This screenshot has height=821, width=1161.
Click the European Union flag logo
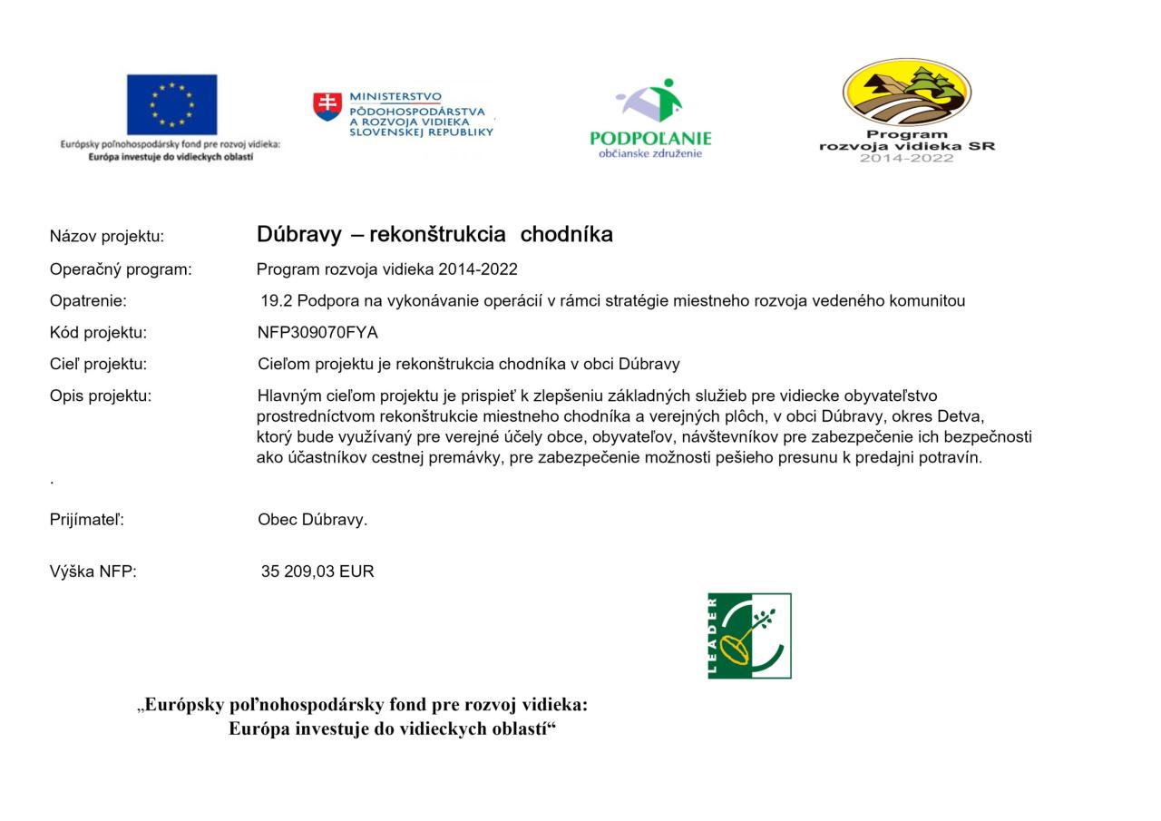(x=171, y=104)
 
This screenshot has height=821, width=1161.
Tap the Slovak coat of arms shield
(x=327, y=106)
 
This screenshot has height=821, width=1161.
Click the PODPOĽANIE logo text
(x=650, y=139)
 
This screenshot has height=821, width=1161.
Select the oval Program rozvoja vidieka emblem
(x=906, y=93)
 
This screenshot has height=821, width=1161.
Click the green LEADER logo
(x=749, y=636)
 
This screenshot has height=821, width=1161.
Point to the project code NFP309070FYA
(x=317, y=333)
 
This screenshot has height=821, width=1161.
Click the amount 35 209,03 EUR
(x=317, y=572)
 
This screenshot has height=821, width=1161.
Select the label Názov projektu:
(x=107, y=237)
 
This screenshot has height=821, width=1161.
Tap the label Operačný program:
(x=121, y=269)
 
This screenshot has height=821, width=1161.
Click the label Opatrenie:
(x=88, y=301)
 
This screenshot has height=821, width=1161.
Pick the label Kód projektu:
(x=98, y=333)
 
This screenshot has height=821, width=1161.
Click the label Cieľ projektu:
(x=98, y=365)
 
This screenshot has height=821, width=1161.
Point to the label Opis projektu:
(x=101, y=396)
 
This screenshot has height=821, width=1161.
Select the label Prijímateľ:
(x=87, y=520)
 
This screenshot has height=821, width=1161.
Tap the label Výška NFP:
(x=93, y=572)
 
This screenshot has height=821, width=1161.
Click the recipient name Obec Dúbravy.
(x=312, y=520)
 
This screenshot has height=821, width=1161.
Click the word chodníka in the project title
(x=566, y=235)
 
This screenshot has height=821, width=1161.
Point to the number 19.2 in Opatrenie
(x=276, y=301)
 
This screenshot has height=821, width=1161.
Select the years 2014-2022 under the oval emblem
(x=906, y=159)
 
